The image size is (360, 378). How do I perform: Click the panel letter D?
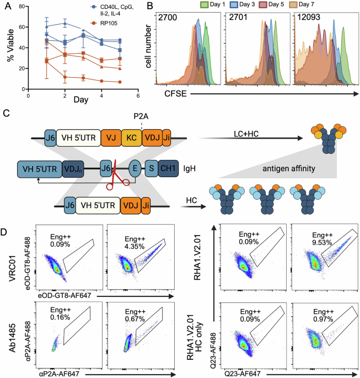coord(6,226)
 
